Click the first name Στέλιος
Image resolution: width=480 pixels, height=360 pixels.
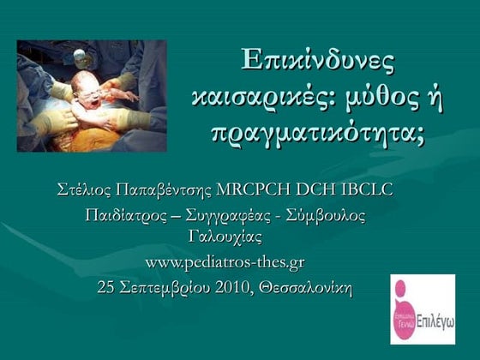click(x=83, y=189)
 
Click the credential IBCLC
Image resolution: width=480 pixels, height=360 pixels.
click(x=370, y=189)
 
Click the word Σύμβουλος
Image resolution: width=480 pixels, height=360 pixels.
click(x=329, y=214)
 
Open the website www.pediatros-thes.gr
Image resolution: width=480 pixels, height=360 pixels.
click(x=225, y=261)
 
